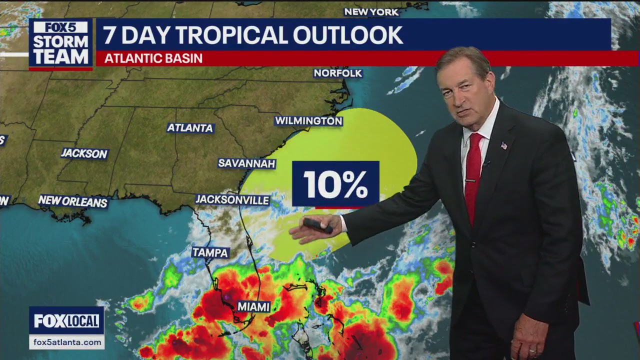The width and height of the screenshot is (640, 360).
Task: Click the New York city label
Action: point(371,12)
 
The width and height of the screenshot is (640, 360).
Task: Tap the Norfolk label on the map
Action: point(338,73)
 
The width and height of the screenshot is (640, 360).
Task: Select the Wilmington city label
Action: point(308,121)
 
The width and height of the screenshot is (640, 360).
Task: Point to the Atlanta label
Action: point(190,128)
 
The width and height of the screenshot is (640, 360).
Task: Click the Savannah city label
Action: point(247,163)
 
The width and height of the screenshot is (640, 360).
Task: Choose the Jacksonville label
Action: point(232,200)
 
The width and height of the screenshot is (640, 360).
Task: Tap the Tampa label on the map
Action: point(210,252)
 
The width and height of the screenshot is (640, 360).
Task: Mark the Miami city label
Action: point(253,307)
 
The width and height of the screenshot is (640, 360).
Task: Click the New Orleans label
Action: point(73,201)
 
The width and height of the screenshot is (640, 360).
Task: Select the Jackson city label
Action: point(84,153)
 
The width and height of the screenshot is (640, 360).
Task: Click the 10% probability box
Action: point(335,184)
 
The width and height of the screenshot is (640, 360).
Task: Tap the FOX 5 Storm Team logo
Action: point(60,44)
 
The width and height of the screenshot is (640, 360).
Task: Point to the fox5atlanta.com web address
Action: point(66,342)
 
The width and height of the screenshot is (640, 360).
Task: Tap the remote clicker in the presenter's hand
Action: point(318,225)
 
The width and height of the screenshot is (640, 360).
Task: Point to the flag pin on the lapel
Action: point(503,145)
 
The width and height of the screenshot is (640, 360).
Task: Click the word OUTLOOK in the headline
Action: point(348,35)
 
